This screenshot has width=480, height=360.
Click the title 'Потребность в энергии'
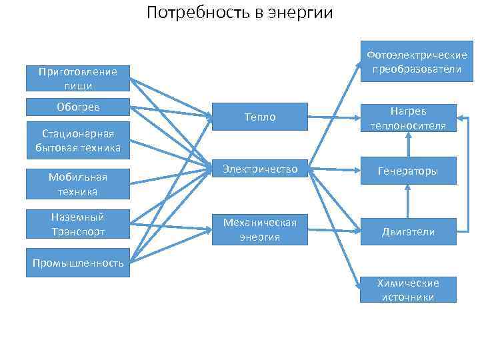point(239,13)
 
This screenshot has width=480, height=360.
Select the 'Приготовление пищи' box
point(78,78)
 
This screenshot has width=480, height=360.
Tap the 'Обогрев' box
point(78,107)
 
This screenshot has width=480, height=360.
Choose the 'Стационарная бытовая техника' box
point(78,141)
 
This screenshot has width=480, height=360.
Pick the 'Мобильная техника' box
point(78,184)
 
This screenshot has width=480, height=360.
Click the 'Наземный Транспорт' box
point(78,224)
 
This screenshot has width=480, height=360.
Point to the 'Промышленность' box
point(78,263)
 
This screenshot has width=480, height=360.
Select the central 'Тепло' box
point(259,117)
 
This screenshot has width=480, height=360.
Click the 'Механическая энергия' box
point(259,229)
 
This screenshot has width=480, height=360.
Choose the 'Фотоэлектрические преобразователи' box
point(408,63)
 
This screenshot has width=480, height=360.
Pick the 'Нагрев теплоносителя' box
point(408,117)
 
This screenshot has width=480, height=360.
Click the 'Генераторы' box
point(408,171)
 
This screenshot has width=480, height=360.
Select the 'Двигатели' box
point(408,231)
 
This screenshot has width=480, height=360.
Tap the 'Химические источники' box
point(408,290)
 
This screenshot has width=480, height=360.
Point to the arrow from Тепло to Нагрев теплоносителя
point(333,118)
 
